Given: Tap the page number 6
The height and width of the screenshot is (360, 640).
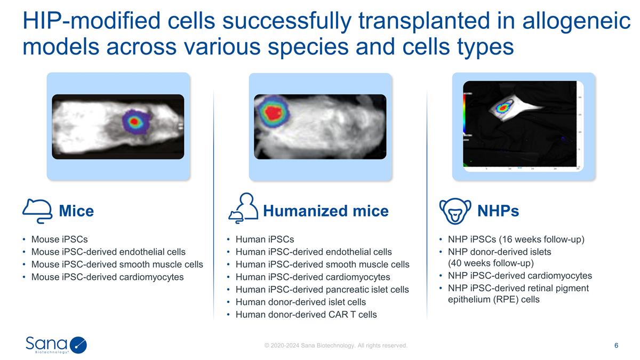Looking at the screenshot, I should (x=616, y=346).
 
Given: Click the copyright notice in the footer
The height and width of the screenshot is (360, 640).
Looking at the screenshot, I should (x=336, y=346).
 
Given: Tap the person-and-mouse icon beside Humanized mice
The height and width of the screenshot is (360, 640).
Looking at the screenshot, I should (x=243, y=208).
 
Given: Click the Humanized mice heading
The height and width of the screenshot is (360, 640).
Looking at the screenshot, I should (x=325, y=211).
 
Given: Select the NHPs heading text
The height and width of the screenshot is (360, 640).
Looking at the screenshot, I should (x=498, y=211).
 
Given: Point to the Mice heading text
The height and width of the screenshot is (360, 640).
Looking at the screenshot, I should (x=76, y=211).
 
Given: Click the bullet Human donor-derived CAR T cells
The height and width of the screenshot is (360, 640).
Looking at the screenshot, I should (x=306, y=314).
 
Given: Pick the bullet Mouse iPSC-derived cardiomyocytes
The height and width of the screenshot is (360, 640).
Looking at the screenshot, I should (x=107, y=277).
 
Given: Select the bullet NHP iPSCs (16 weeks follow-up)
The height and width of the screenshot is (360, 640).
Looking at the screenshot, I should (x=516, y=239).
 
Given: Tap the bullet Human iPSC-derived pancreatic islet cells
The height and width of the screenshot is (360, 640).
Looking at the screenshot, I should (x=322, y=289).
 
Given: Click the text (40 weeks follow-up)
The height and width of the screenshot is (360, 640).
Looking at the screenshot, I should (x=491, y=262).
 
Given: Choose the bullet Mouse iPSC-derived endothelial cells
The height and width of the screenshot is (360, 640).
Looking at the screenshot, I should (x=108, y=252).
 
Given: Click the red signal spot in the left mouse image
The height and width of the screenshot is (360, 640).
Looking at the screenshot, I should (x=134, y=122).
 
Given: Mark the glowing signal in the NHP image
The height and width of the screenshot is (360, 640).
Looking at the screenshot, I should (x=503, y=108).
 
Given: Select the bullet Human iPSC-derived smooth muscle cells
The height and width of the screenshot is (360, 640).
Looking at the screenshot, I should (x=322, y=265).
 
